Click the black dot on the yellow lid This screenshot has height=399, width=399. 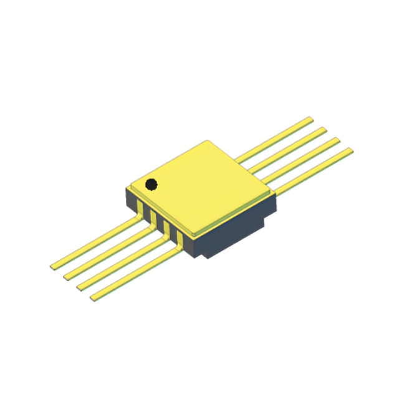151,184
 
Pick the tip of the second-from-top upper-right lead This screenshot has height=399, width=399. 324,129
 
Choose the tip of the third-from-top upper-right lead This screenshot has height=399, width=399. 337,140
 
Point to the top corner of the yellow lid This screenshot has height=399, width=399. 206,142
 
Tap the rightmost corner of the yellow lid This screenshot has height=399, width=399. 275,195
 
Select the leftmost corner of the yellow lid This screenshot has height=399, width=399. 127,186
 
